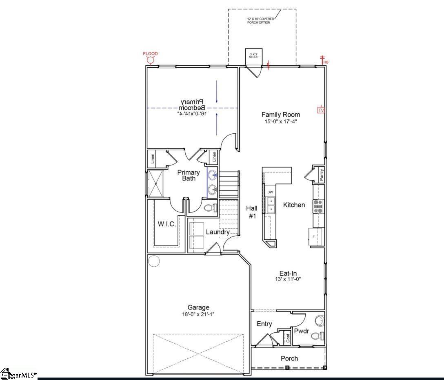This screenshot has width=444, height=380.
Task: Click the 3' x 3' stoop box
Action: click(x=254, y=55)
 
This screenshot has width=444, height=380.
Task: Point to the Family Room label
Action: click(x=280, y=115)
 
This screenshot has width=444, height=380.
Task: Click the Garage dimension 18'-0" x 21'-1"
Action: click(x=198, y=314)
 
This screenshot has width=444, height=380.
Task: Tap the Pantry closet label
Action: click(x=322, y=175)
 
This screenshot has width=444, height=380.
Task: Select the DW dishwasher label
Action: click(x=270, y=192)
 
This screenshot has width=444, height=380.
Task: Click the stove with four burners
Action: click(x=317, y=206)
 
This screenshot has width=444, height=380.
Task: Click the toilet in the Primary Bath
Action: click(x=210, y=208)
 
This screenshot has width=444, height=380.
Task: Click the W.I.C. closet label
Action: click(x=166, y=224)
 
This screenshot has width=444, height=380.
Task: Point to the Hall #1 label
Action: click(x=252, y=212)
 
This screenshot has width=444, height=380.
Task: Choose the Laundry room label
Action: click(x=218, y=232)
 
